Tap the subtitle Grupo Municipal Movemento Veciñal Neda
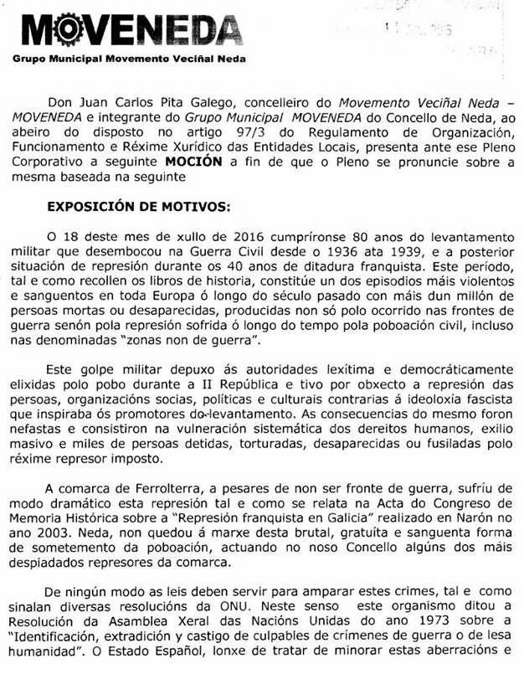(x=129, y=60)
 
